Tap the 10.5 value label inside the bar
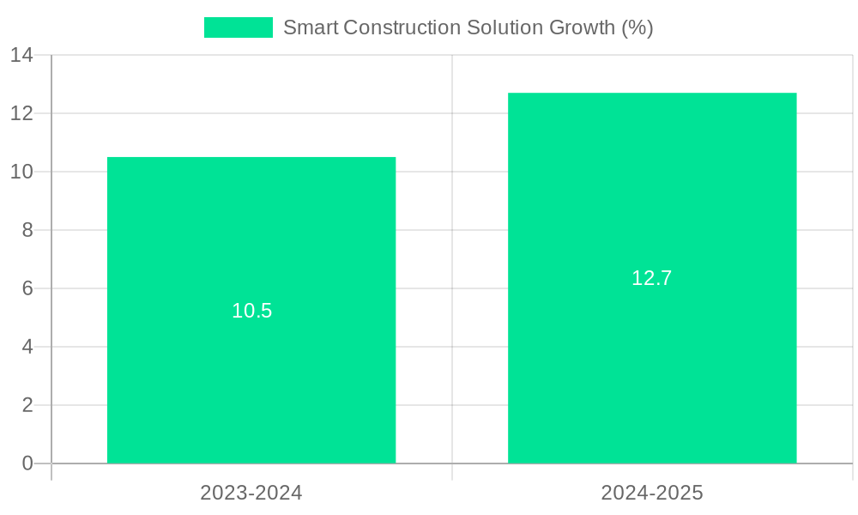click(251, 311)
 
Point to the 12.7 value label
click(652, 278)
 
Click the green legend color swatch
click(238, 27)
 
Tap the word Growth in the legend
click(581, 27)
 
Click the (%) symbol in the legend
click(637, 27)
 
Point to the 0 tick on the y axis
click(27, 463)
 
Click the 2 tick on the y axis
click(27, 405)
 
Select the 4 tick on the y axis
click(27, 347)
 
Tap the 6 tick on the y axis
click(27, 288)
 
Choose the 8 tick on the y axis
click(27, 230)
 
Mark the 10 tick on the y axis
click(21, 172)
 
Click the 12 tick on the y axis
click(21, 113)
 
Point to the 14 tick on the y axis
click(21, 56)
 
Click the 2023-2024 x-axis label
click(251, 493)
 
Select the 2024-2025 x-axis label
click(652, 493)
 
